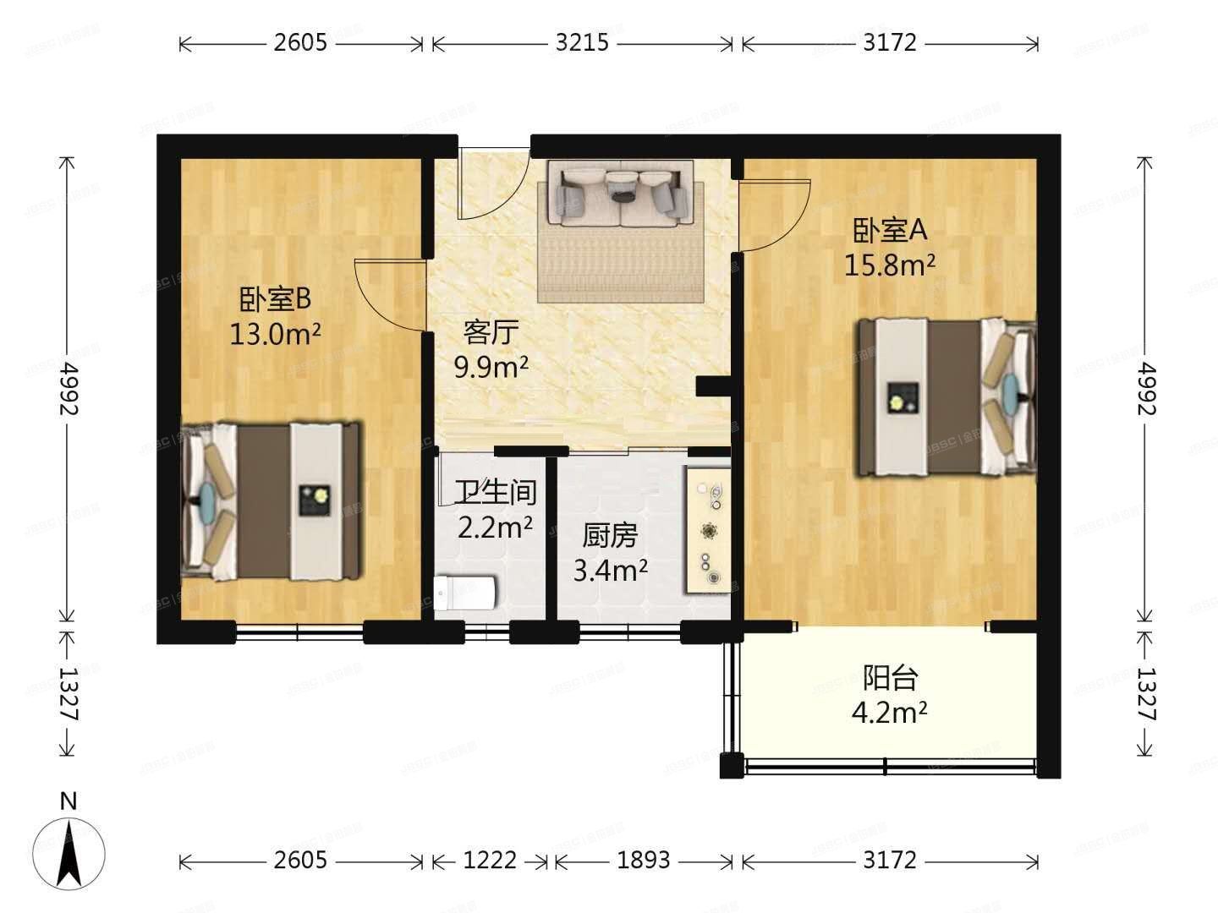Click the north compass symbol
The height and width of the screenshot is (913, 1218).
tap(69, 845)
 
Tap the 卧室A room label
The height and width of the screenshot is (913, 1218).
tap(890, 229)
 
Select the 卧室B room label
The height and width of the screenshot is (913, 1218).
tap(276, 298)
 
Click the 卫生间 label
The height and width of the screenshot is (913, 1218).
tap(495, 491)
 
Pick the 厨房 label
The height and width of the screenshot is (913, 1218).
tap(610, 535)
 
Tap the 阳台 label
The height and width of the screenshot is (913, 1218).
tap(890, 677)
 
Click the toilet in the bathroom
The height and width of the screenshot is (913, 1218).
tap(464, 593)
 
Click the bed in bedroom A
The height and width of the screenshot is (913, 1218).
tap(946, 398)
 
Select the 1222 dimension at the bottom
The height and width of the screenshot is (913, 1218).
tap(490, 861)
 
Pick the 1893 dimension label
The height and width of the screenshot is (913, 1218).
tap(643, 861)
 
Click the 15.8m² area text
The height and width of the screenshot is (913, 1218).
tap(890, 265)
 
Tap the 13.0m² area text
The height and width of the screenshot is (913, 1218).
tap(276, 335)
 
